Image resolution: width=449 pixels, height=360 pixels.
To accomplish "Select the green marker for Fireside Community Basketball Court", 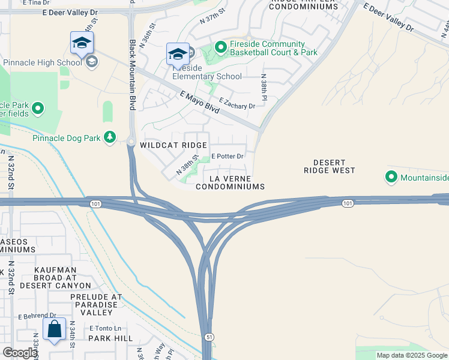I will click(x=220, y=46).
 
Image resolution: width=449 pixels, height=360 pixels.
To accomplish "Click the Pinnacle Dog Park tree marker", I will click(x=109, y=137).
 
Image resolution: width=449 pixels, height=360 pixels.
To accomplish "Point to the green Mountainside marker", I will click(x=391, y=177).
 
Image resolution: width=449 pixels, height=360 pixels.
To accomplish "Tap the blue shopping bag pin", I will click(x=55, y=330).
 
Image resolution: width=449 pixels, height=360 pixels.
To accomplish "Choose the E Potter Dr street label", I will click(x=227, y=157).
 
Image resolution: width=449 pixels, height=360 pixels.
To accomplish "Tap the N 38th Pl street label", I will click(x=263, y=88).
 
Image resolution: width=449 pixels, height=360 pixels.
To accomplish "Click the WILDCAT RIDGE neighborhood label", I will click(x=173, y=145).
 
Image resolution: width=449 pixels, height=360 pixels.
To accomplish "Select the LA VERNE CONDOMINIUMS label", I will click(x=231, y=183).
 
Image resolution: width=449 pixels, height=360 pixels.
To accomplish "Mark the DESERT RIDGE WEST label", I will click(x=330, y=167).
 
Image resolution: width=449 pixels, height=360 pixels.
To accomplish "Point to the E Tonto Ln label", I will click(x=105, y=328).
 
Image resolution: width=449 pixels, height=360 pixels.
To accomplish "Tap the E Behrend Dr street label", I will click(x=37, y=316).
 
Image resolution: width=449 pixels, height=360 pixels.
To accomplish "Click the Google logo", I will click(x=20, y=353).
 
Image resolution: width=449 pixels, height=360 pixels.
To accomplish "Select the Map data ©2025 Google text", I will click(x=411, y=355).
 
